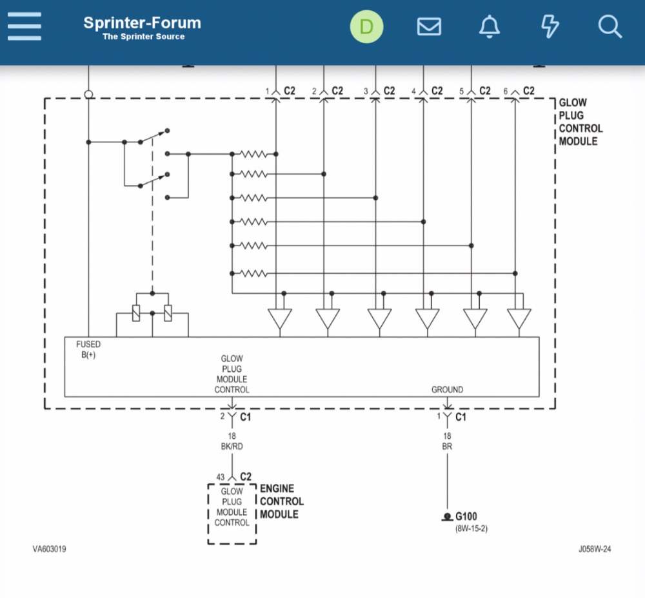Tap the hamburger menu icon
[x=25, y=27]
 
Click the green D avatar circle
[x=366, y=27]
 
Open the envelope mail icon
[x=429, y=27]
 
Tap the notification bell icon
[x=490, y=26]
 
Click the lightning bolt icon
[x=550, y=27]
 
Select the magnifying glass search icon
[x=610, y=27]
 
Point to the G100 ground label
[x=466, y=517]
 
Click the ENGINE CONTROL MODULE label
[x=281, y=501]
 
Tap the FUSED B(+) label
[x=88, y=350]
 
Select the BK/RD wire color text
[x=232, y=447]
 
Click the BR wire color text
[x=447, y=447]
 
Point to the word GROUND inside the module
[x=447, y=390]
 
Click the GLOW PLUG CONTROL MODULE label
[x=580, y=122]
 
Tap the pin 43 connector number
[x=220, y=477]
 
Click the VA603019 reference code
[x=50, y=550]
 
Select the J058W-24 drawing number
[x=594, y=550]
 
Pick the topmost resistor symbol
[x=253, y=154]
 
